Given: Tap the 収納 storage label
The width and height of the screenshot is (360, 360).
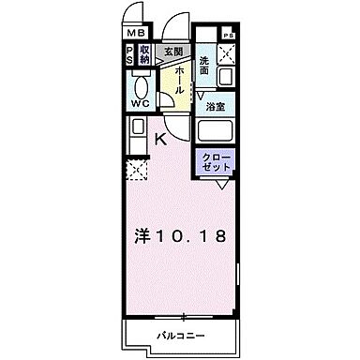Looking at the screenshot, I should point(145,55).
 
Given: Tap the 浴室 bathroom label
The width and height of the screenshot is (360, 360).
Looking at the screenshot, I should point(214,107).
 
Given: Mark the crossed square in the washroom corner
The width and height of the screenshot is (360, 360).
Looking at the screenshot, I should point(226,52).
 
